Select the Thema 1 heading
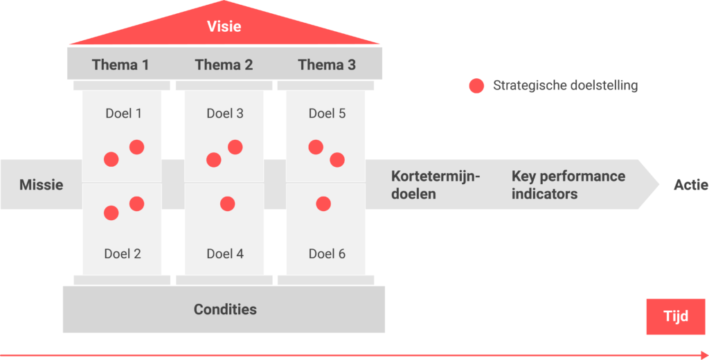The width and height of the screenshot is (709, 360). coord(120,65)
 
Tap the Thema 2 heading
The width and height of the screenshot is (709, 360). coord(224,65)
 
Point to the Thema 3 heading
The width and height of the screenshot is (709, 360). coord(327,65)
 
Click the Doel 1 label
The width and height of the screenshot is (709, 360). coord(123,114)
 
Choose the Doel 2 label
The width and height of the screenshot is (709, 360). coord(123,254)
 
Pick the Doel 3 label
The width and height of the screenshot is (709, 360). coord(225,114)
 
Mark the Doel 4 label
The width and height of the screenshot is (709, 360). coord(225,254)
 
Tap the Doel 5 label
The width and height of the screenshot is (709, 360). coord(327,114)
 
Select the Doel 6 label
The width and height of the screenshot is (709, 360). coord(327,254)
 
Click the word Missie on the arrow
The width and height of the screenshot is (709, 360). coord(41,185)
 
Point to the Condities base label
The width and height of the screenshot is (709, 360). coord(225,309)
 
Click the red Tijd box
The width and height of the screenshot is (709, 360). coord(675,316)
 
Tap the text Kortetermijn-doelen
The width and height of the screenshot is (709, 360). coord(436,185)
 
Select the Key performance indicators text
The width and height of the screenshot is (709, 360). coord(568,185)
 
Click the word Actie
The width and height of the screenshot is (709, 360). coord(690,185)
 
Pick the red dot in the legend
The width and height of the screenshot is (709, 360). coord(476,86)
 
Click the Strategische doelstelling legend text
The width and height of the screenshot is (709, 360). coord(565,86)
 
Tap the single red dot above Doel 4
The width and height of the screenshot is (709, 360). coord(227,204)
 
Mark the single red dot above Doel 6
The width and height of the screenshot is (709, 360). coord(323,204)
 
